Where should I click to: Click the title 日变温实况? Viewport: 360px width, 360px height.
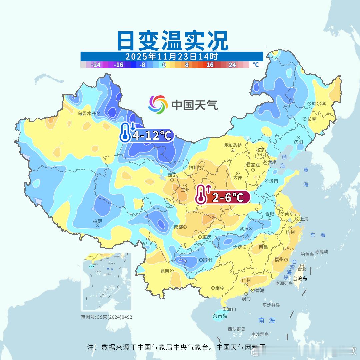coord(172,41)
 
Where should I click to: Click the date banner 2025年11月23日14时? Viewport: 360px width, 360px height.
coord(172,56)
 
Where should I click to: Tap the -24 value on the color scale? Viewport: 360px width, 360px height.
coord(96,65)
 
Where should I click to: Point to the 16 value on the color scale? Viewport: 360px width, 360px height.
coord(210,65)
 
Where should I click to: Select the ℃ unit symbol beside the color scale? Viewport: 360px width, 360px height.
coord(256,65)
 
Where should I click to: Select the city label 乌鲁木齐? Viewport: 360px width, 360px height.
coord(87,113)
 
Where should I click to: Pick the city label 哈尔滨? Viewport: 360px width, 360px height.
coord(319,104)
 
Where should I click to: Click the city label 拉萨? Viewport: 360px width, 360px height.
coord(97,221)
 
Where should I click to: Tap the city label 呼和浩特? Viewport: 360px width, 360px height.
coord(232,145)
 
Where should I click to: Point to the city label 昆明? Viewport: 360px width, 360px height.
coord(165,271)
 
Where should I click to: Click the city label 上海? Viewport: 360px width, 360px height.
coord(304,219)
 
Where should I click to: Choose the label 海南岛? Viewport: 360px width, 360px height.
coord(220,316)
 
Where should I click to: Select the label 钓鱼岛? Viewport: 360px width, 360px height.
coord(307,254)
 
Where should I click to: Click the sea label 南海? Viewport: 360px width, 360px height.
coord(267,320)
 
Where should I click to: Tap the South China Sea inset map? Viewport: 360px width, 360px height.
coord(106,282)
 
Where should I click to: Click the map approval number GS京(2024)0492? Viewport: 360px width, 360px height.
coord(106,317)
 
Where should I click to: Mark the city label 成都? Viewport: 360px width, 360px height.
coord(178,227)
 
